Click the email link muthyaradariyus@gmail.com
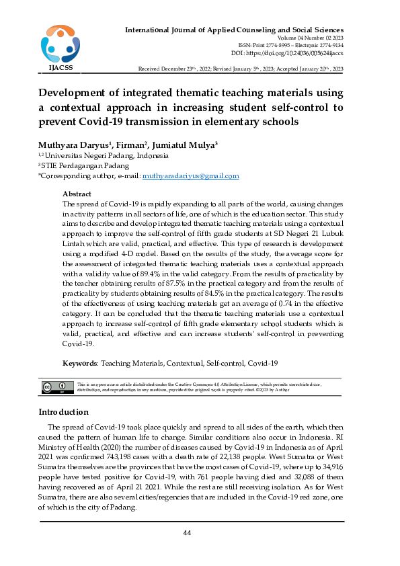[x=191, y=176]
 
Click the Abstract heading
[x=77, y=194]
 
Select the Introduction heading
[x=63, y=411]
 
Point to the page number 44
[x=188, y=533]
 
